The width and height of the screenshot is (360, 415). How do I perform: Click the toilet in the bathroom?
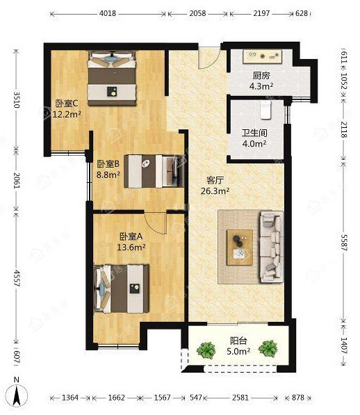tap(266, 110)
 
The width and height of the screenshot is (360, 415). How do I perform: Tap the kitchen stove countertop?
tap(263, 56)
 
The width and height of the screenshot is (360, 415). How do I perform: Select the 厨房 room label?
tap(261, 76)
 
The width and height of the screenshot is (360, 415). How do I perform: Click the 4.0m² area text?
tap(254, 144)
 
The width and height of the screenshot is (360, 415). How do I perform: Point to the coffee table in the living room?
tap(240, 247)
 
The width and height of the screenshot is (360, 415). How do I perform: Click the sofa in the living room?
tap(271, 246)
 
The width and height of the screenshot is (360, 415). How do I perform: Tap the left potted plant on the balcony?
tap(206, 350)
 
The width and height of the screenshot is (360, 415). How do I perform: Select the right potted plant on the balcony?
tap(268, 348)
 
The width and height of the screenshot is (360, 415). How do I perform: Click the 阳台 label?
tap(238, 341)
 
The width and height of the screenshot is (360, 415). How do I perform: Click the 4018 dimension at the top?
tap(108, 13)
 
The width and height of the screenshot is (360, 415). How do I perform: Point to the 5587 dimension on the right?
tap(343, 243)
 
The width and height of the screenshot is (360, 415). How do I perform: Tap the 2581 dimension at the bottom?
tap(240, 398)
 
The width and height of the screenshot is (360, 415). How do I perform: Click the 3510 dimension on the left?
tap(17, 100)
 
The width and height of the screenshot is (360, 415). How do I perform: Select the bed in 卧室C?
tap(112, 79)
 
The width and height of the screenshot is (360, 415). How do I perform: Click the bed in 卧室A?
tap(122, 288)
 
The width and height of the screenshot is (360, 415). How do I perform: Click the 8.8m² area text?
tap(108, 174)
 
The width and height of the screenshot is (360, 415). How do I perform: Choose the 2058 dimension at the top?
tap(197, 13)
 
